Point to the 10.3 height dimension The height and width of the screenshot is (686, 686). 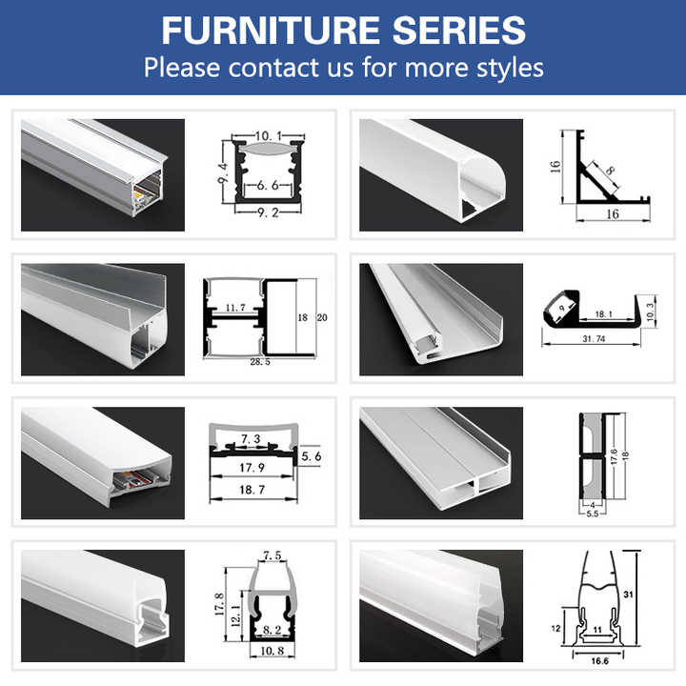point(651,310)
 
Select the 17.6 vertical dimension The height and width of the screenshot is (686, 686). point(615,458)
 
